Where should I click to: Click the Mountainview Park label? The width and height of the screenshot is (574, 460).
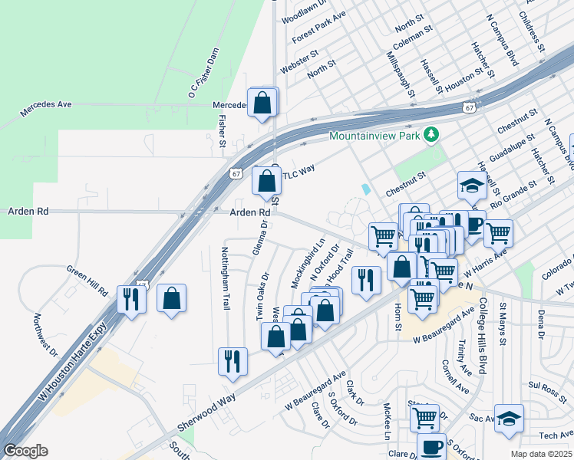tap(377, 136)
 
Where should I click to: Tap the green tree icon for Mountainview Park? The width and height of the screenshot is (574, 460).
tap(432, 136)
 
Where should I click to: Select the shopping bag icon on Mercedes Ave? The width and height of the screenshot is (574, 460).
tap(262, 102)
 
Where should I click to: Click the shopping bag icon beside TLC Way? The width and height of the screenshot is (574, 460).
tap(266, 182)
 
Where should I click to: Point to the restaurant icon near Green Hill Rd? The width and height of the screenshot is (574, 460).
tap(130, 297)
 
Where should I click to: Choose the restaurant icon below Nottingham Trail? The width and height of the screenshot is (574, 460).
tap(233, 360)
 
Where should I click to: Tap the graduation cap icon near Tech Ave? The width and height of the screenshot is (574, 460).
tap(508, 419)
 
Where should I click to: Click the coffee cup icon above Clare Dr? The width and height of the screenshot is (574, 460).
tap(430, 446)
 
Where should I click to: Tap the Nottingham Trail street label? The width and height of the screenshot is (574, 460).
tap(226, 271)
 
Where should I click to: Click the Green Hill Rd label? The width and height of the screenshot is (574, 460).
tap(87, 281)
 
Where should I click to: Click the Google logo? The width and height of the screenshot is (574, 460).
tap(26, 450)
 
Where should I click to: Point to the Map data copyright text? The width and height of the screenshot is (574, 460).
tap(542, 454)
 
